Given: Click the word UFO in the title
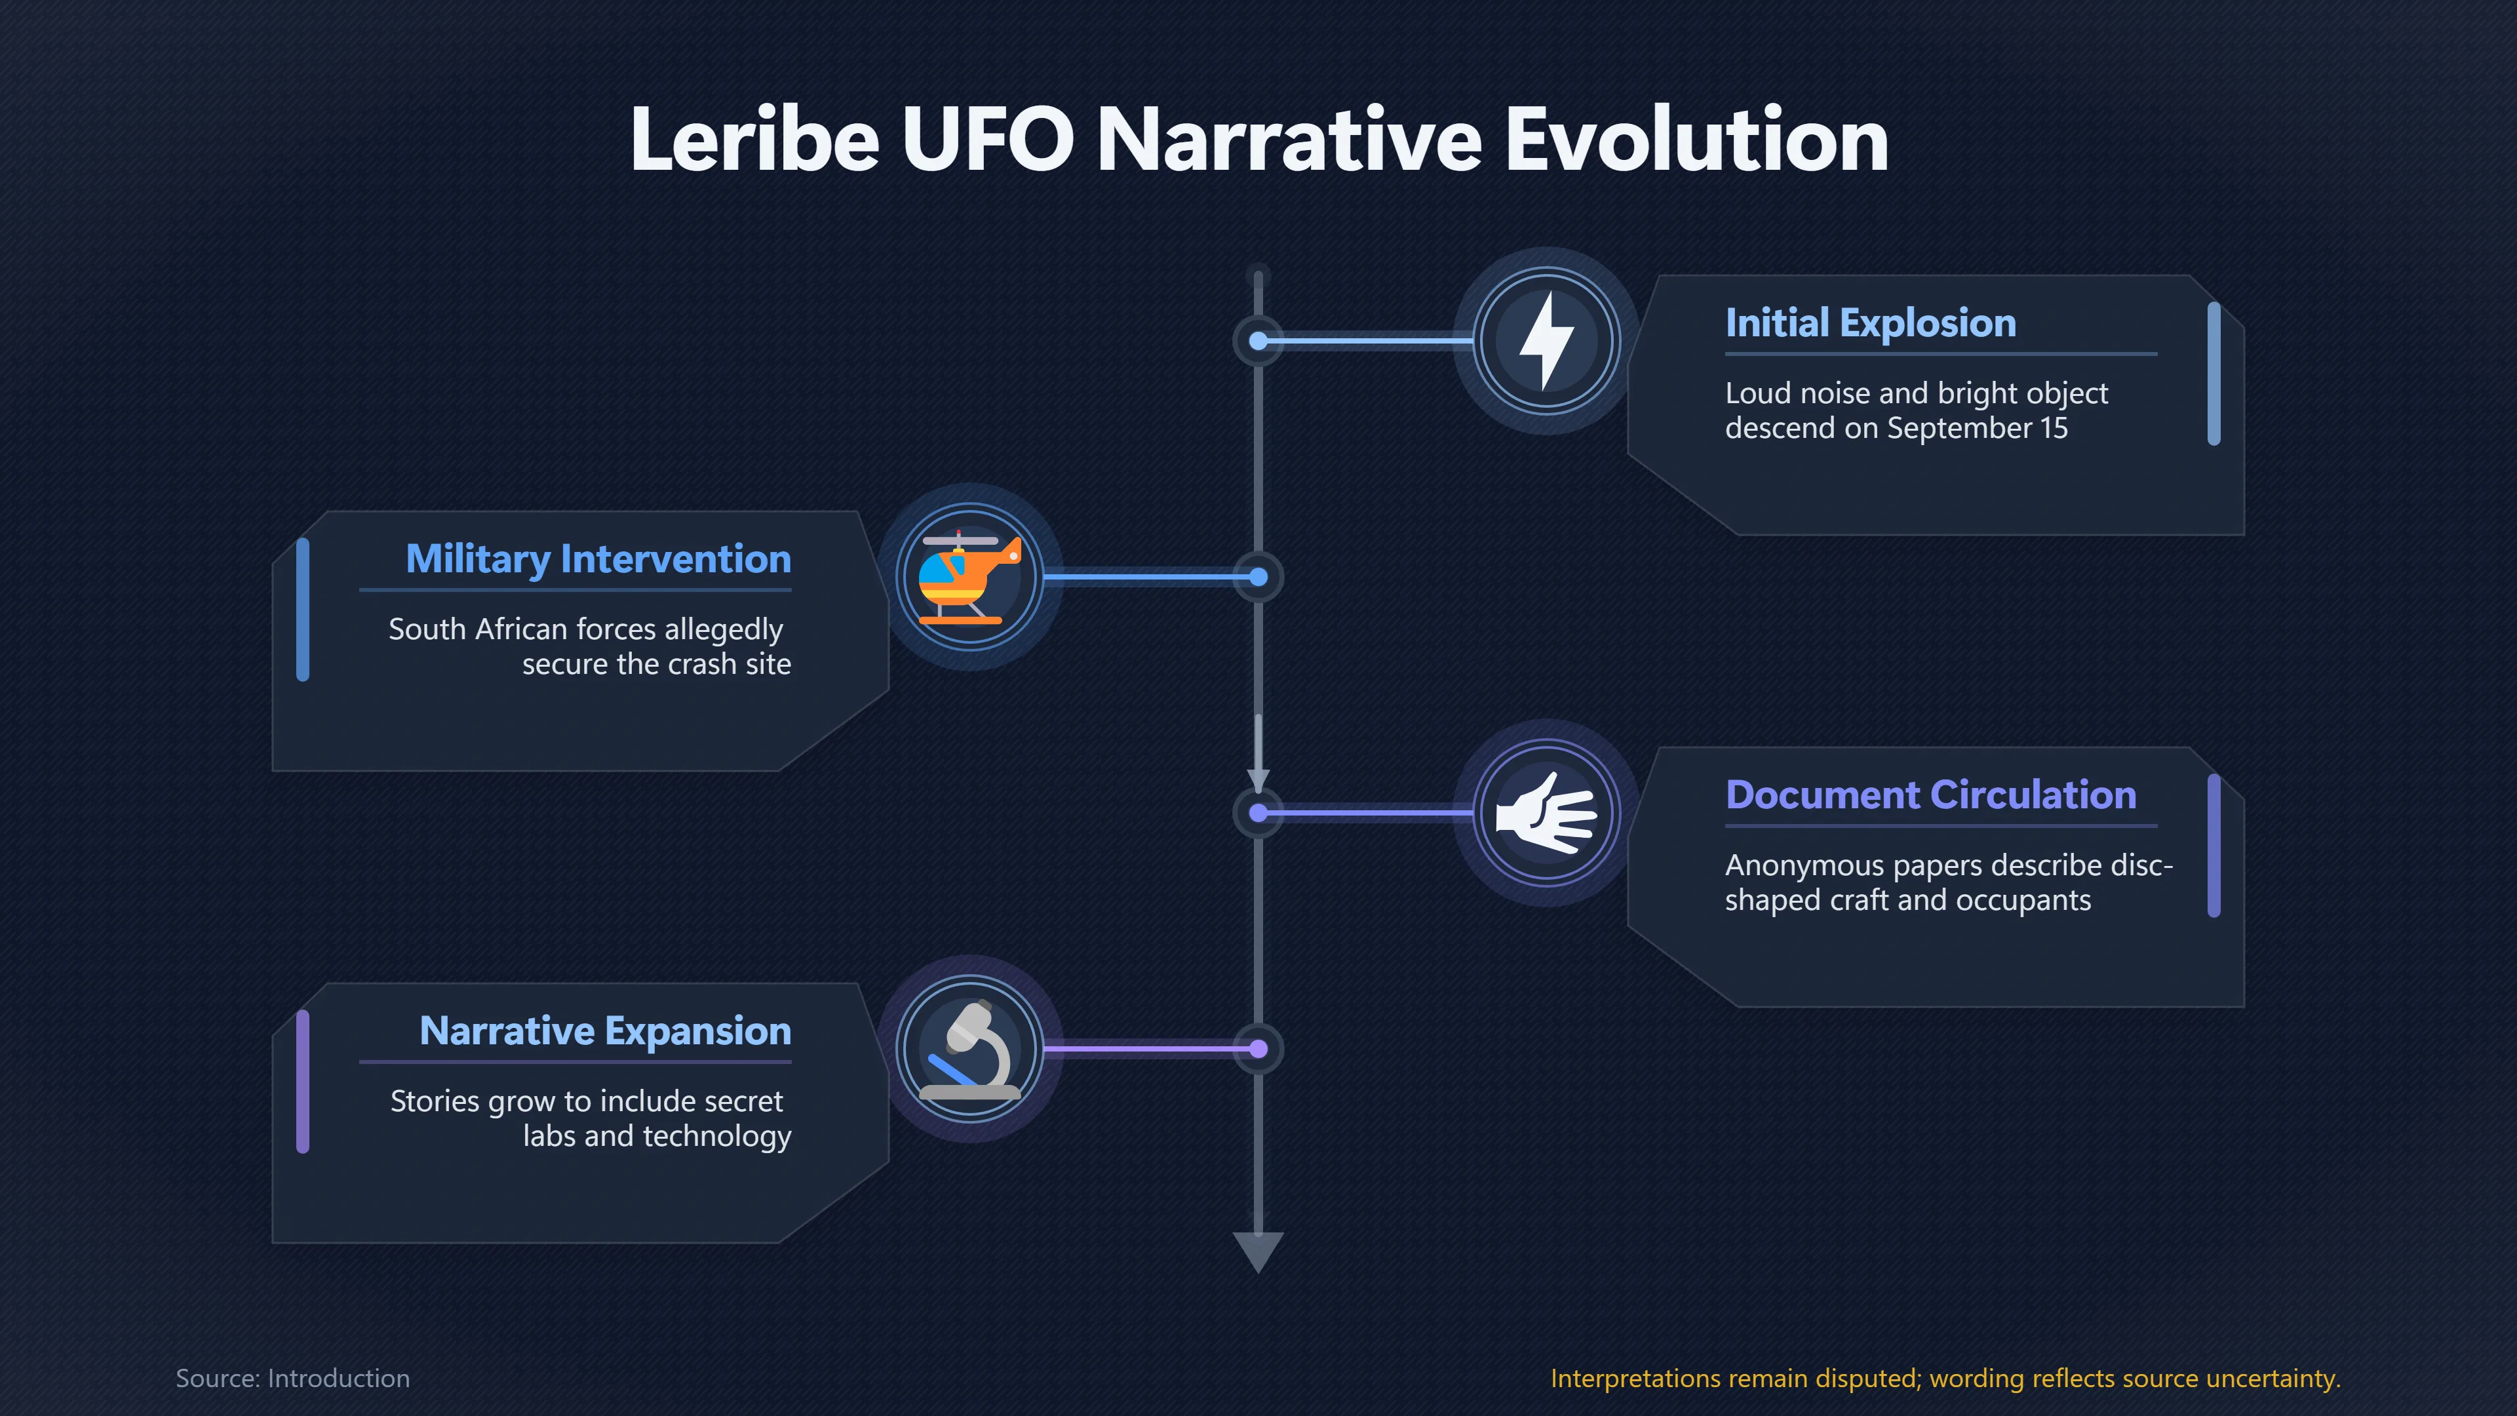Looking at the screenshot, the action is [987, 140].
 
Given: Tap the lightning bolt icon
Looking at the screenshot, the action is [1546, 340].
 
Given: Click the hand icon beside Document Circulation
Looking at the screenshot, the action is [1546, 813].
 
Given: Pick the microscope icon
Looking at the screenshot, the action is [970, 1050].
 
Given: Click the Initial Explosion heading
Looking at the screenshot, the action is [1870, 323].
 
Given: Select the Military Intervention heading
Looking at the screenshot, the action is [598, 559].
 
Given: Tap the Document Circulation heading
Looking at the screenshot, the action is [1931, 795].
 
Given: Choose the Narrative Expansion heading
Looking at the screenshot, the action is [605, 1031].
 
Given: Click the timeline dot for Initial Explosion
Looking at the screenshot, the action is [1258, 341].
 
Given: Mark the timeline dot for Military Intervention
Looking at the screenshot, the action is [1258, 578].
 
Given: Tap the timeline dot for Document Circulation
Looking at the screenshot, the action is [1258, 813].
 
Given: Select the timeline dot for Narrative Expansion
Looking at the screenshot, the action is [1258, 1050].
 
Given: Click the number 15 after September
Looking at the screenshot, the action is [2054, 428].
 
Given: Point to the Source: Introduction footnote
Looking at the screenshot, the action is [292, 1378].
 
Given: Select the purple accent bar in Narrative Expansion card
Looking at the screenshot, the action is [303, 1082].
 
